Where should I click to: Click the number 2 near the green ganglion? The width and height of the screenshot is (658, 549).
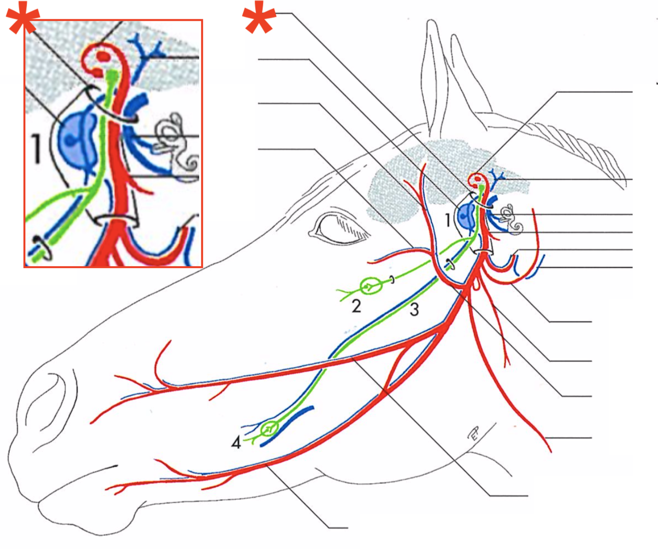tap(356, 306)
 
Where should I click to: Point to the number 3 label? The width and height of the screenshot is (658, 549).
tap(414, 310)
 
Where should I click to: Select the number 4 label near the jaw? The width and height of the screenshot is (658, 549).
tap(236, 443)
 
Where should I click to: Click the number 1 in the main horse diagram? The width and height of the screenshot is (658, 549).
tap(447, 220)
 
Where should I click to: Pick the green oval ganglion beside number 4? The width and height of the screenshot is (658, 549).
tap(269, 428)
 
